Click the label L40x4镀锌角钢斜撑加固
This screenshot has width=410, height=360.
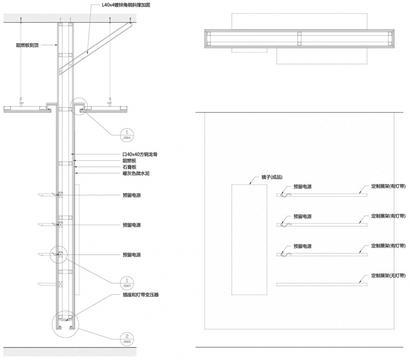126,5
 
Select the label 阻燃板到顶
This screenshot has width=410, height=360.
27,45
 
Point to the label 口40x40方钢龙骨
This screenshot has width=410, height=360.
140,154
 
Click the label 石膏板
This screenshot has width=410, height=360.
129,167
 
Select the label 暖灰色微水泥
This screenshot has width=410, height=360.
136,173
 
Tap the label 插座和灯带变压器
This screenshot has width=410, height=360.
141,295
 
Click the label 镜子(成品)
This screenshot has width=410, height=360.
272,177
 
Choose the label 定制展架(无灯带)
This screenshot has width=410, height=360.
388,276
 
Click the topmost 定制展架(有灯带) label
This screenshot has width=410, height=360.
388,186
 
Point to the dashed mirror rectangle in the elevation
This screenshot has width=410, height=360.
231,239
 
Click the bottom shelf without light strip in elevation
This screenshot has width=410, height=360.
322,284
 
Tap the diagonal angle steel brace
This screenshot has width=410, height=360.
95,48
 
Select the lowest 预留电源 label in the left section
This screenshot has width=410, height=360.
132,255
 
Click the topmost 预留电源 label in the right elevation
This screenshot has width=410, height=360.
302,187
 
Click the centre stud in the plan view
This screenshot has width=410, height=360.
299,39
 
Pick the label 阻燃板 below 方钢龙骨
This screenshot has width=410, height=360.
129,161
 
